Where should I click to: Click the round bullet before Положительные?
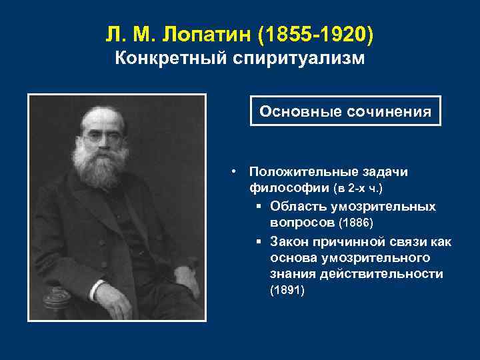pos(235,171)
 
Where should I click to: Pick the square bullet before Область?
pos(258,206)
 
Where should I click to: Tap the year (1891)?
pos(287,291)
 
